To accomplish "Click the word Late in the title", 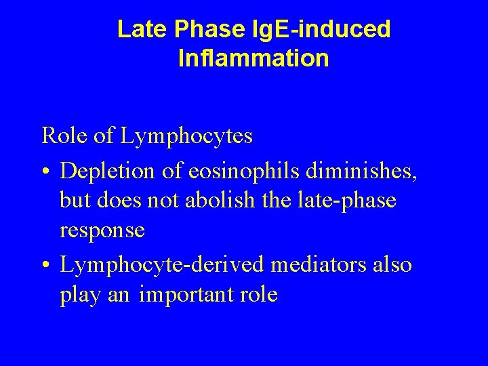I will [140, 29].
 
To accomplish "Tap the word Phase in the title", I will [201, 29].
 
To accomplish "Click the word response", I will [102, 230].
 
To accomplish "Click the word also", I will [392, 265].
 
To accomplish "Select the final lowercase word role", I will [256, 296].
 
